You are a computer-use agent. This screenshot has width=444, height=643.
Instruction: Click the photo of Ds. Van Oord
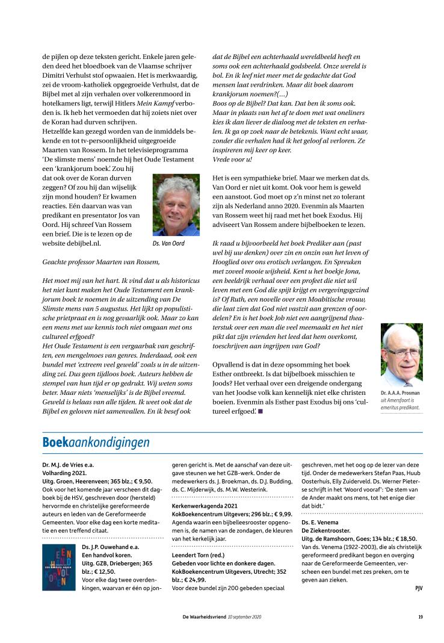[x=176, y=205]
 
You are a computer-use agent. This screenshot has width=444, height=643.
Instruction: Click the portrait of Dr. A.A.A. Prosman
[x=401, y=355]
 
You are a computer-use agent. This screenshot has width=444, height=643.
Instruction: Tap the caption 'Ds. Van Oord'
[x=168, y=243]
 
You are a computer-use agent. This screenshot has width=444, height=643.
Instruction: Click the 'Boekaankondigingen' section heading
[x=96, y=443]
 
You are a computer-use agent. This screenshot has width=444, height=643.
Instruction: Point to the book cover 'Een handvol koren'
[x=58, y=567]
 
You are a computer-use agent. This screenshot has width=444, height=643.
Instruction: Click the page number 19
[x=421, y=617]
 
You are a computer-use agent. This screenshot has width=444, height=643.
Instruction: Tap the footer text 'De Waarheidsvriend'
[x=205, y=617]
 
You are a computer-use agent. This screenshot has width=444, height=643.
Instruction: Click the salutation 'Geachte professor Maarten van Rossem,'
[x=102, y=262]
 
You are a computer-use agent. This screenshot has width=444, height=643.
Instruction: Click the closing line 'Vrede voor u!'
[x=233, y=159]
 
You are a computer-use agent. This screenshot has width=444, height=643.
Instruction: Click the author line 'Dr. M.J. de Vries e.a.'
[x=68, y=465]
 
